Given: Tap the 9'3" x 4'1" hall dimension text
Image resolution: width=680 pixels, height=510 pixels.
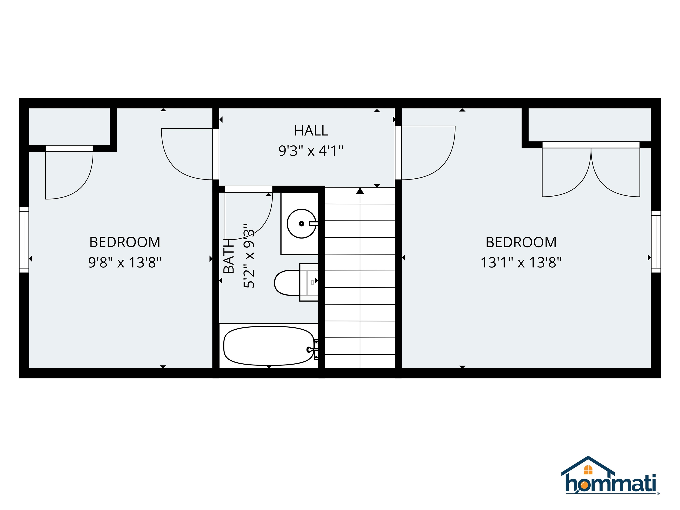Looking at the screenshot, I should click(x=311, y=151).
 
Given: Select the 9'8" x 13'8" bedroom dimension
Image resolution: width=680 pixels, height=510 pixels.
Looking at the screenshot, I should click(x=125, y=263).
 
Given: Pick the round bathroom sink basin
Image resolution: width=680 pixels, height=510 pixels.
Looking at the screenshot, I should click(x=301, y=224).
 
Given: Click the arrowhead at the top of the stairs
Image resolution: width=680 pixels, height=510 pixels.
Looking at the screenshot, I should click(x=360, y=191).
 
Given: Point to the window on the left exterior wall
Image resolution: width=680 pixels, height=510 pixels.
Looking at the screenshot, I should click(x=24, y=240).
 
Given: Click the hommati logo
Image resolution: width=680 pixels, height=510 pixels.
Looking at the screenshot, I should click(x=610, y=480).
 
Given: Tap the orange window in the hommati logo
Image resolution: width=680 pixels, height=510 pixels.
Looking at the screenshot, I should click(x=588, y=470).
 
